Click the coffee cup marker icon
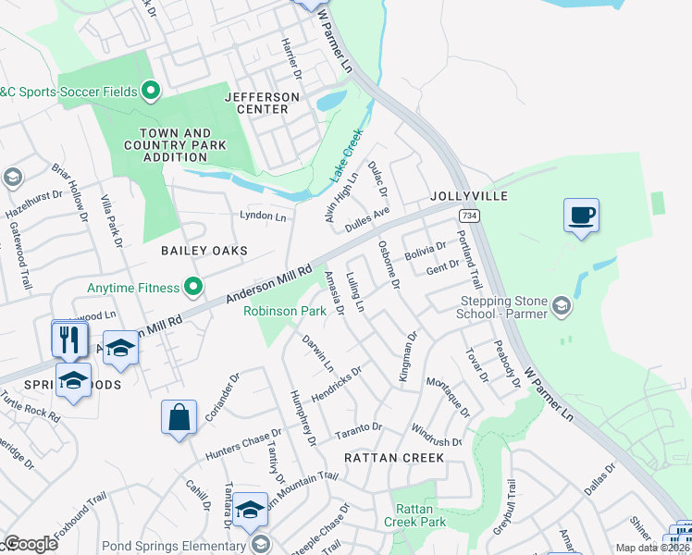pyautogui.click(x=581, y=216)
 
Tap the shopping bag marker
pyautogui.click(x=179, y=417)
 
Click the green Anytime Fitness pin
pyautogui.click(x=193, y=288)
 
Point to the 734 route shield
pyautogui.click(x=470, y=216)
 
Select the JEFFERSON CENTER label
pyautogui.click(x=262, y=103)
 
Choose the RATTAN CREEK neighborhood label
pyautogui.click(x=394, y=458)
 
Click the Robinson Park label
pyautogui.click(x=285, y=312)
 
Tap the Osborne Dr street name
pyautogui.click(x=389, y=266)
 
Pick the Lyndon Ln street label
pyautogui.click(x=263, y=216)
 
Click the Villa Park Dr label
pyautogui.click(x=112, y=222)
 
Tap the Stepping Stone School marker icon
pyautogui.click(x=561, y=305)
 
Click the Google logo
pyautogui.click(x=30, y=544)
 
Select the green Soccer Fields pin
pyautogui.click(x=151, y=91)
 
